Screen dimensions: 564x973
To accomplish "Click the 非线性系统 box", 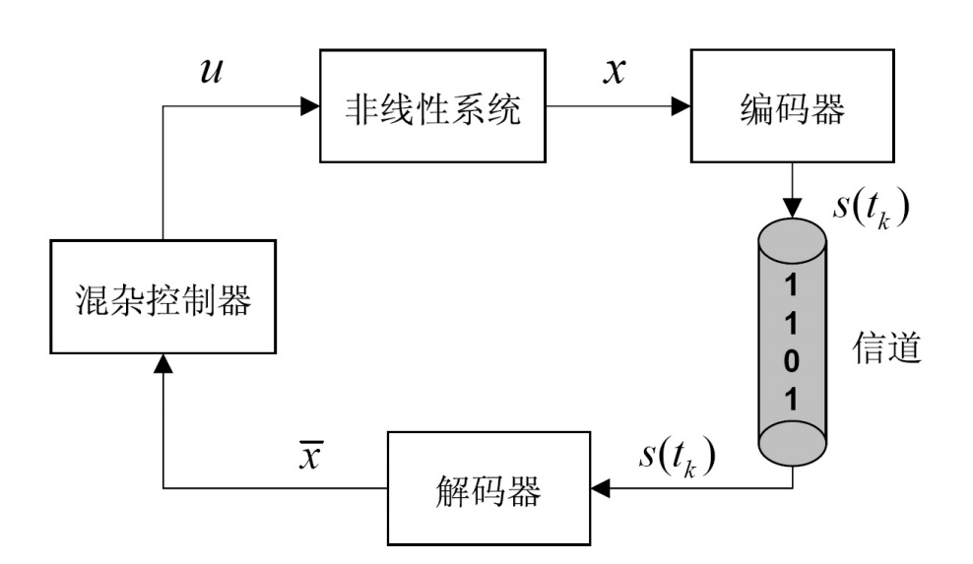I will pyautogui.click(x=432, y=107).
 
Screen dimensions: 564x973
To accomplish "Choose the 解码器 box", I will pyautogui.click(x=490, y=487).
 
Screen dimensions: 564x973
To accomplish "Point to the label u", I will pyautogui.click(x=210, y=72).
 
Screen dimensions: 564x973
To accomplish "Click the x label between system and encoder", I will pyautogui.click(x=616, y=72).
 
